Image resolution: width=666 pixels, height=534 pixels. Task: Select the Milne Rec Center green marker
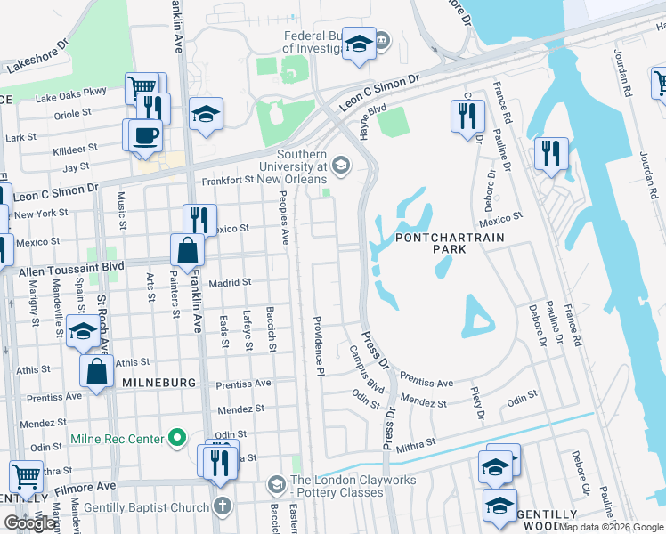coord(177,438)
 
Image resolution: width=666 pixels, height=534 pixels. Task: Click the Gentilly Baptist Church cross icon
coord(223,506)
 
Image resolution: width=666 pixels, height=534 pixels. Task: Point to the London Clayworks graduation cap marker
coord(277,484)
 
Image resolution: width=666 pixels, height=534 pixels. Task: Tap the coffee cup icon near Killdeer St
coord(144,135)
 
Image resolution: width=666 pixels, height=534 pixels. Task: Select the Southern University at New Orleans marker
coord(340,165)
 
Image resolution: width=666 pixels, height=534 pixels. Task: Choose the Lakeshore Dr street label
coord(37,55)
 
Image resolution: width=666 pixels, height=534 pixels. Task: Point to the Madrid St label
coord(230,283)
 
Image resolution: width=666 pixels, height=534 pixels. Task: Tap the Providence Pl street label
coord(316,343)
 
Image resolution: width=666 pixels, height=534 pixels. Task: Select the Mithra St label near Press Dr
coord(416,442)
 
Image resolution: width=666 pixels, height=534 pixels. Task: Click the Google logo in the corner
coord(29,523)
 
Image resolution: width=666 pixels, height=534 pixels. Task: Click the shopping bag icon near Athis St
coord(97,371)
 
